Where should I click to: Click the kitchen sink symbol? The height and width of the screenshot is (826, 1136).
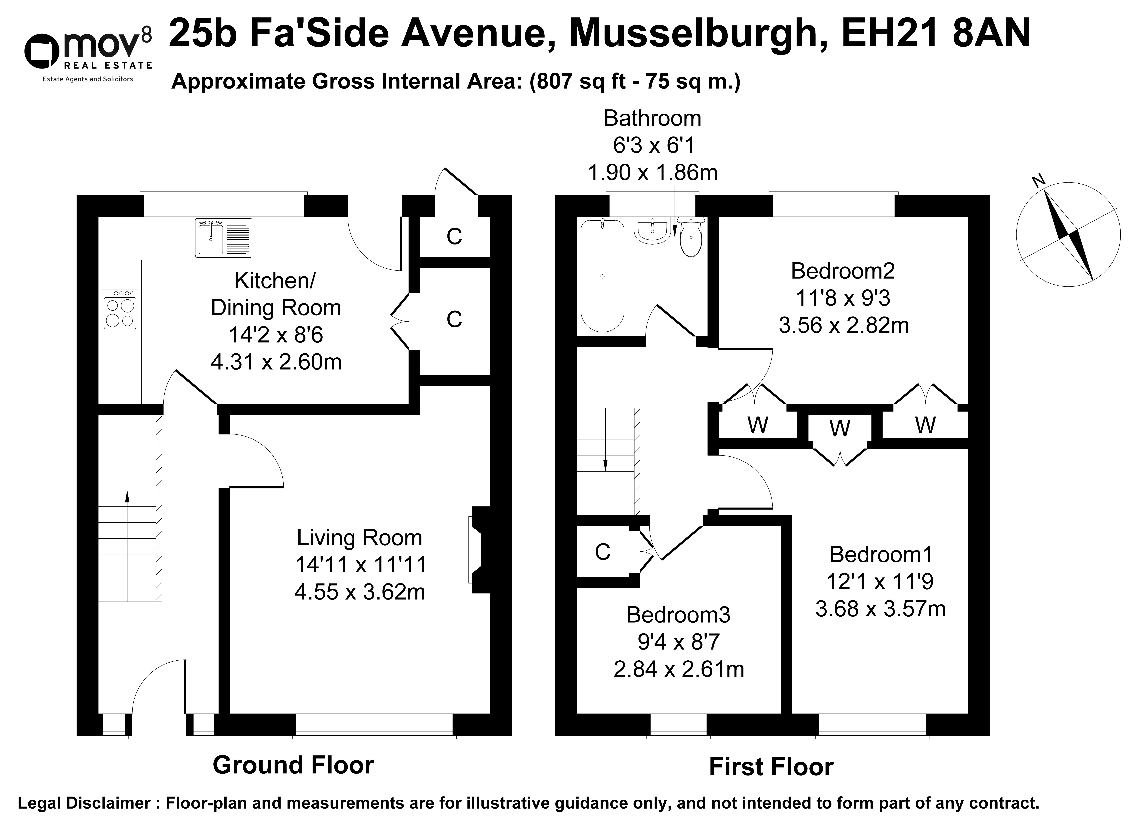click(x=223, y=238)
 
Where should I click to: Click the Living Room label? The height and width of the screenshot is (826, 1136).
click(x=360, y=538)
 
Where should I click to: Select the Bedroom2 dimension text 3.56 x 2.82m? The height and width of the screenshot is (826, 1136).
click(x=843, y=326)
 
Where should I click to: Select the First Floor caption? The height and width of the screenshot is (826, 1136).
click(x=771, y=767)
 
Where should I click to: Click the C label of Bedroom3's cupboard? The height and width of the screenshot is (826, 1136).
click(x=603, y=552)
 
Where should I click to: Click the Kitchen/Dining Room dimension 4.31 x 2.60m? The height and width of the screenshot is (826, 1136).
click(x=276, y=362)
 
